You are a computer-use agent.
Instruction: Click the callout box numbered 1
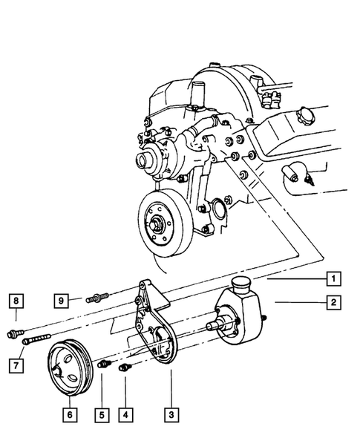coord(335,280)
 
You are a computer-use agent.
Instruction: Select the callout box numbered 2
coord(335,302)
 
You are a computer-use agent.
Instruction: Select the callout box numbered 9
coord(65,301)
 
